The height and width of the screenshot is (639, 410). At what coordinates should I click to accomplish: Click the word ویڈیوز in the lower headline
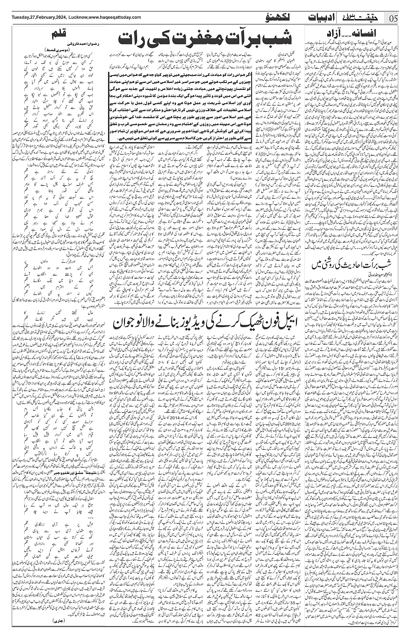click(193, 323)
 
